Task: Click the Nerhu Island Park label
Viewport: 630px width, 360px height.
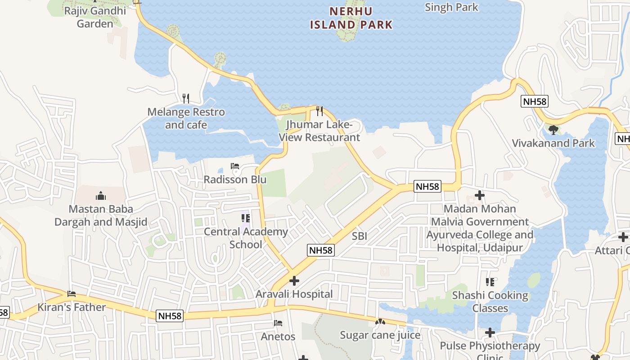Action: [351, 18]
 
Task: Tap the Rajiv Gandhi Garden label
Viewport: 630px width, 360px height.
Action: [95, 17]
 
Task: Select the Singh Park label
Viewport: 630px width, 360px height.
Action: [451, 7]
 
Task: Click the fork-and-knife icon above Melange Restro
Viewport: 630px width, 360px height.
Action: [185, 98]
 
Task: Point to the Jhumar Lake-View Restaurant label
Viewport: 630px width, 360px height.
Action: [319, 131]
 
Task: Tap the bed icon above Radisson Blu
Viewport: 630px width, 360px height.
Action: [235, 166]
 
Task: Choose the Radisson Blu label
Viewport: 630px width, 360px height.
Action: [235, 180]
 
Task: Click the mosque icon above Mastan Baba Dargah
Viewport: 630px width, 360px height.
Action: [101, 196]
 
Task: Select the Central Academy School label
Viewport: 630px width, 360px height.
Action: [246, 238]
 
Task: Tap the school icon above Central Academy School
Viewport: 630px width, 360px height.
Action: [246, 219]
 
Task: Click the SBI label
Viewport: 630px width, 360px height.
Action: [360, 235]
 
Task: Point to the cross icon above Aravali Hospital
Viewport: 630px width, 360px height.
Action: [294, 281]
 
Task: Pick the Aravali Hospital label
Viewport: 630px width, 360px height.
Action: [294, 294]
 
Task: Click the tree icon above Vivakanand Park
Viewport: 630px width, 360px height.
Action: [553, 130]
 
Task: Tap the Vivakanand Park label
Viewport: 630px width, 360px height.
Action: [553, 143]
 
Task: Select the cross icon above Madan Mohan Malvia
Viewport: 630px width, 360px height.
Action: [480, 196]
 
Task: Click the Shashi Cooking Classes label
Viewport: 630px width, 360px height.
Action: [490, 301]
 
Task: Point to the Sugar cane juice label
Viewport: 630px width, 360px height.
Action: [380, 335]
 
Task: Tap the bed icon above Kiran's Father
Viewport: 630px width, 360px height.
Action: [72, 294]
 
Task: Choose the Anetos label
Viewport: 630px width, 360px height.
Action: [278, 336]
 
